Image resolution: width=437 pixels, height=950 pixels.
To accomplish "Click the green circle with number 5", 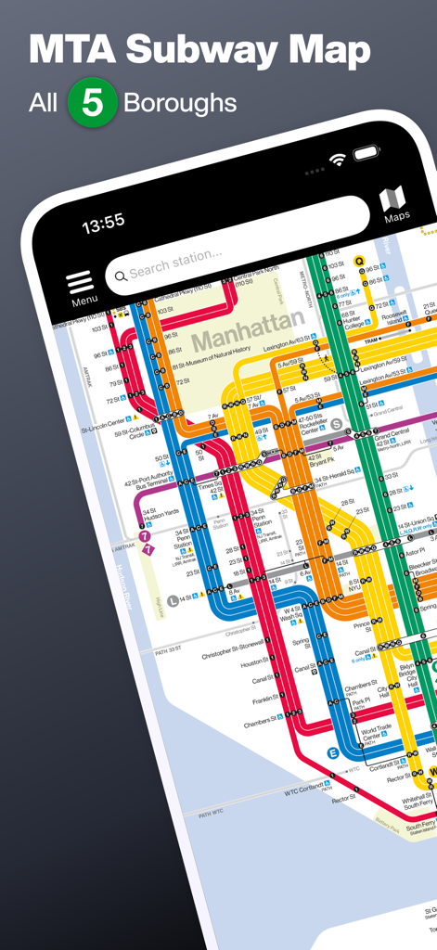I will pyautogui.click(x=92, y=103).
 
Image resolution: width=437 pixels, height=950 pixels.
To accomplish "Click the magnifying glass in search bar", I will pyautogui.click(x=120, y=273).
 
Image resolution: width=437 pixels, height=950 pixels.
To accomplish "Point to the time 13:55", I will pyautogui.click(x=103, y=223).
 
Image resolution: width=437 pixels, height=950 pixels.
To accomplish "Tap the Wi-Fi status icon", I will pyautogui.click(x=338, y=160).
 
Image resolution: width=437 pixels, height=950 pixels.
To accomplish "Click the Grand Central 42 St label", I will pyautogui.click(x=393, y=436).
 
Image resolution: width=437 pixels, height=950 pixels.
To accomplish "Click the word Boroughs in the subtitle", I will pyautogui.click(x=180, y=103).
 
